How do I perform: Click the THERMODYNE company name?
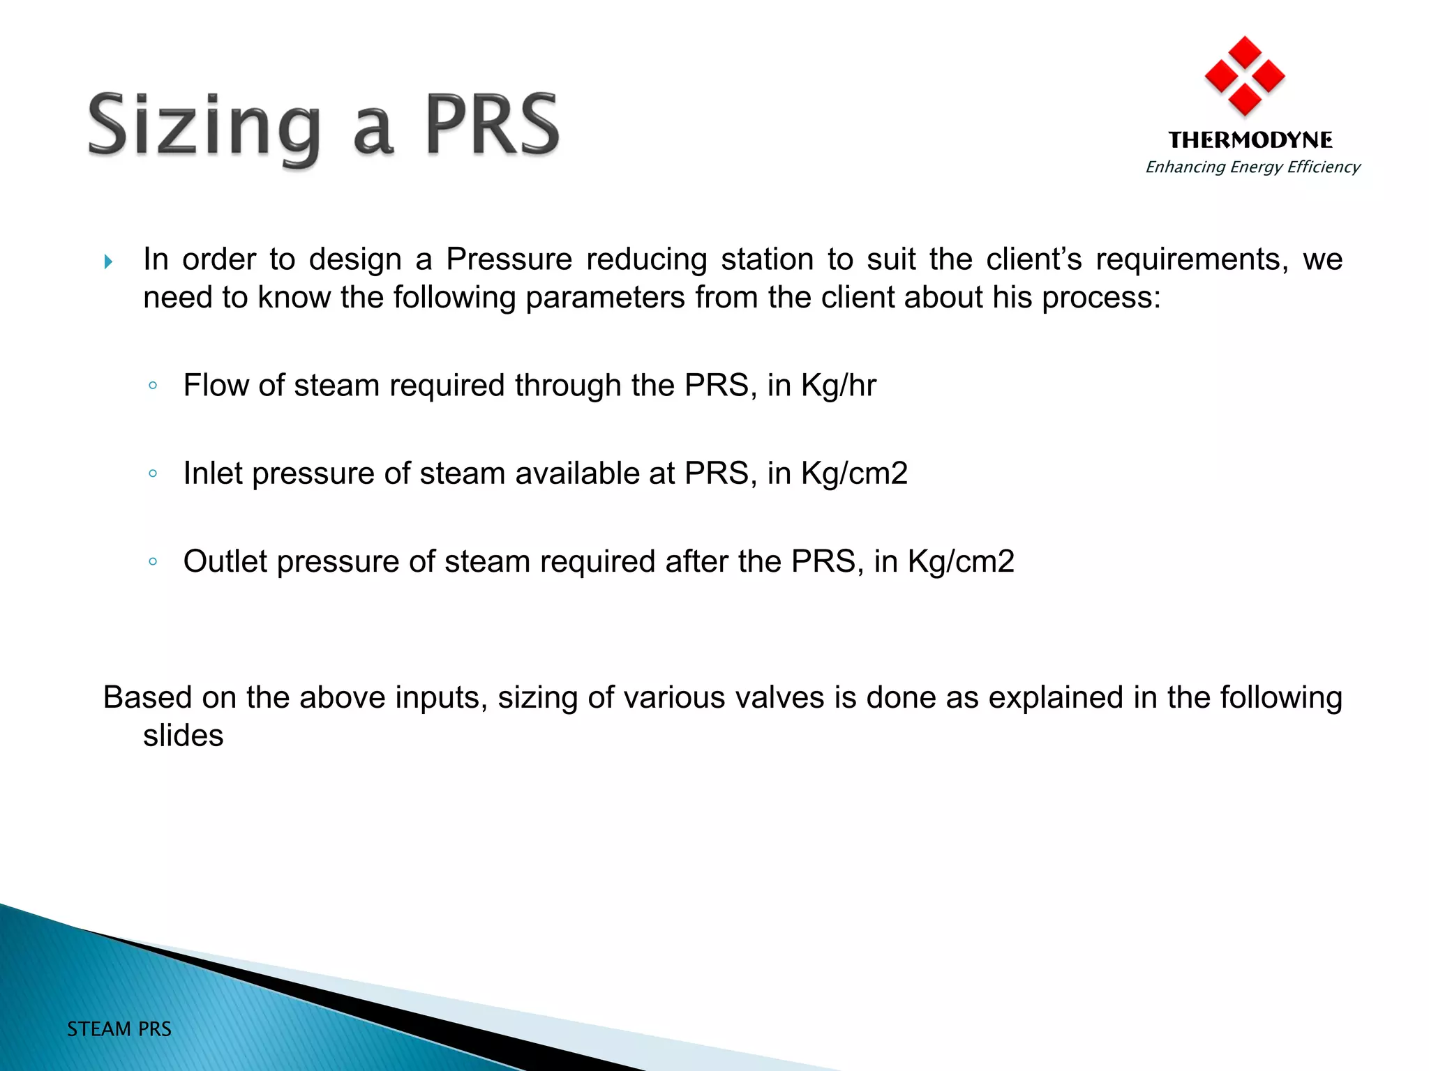(x=1250, y=140)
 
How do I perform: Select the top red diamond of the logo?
(x=1245, y=52)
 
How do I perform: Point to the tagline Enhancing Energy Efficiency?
(x=1252, y=167)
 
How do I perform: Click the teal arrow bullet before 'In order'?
(x=108, y=262)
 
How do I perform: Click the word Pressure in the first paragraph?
(x=509, y=259)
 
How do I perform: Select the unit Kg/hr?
(x=839, y=386)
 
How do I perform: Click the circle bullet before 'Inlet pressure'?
(x=153, y=473)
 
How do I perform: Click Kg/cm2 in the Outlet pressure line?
(x=961, y=561)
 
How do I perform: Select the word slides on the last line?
(x=183, y=736)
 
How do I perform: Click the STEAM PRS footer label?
(x=119, y=1029)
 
